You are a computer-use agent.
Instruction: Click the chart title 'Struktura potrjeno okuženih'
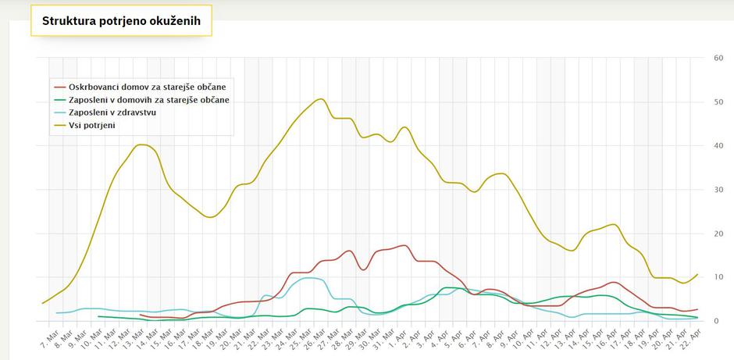[121, 21]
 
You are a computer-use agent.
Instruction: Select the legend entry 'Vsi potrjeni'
[92, 126]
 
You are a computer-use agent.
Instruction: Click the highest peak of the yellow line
[320, 99]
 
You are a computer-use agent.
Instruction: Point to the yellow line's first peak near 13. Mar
[141, 144]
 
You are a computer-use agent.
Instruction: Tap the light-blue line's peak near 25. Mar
[312, 278]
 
